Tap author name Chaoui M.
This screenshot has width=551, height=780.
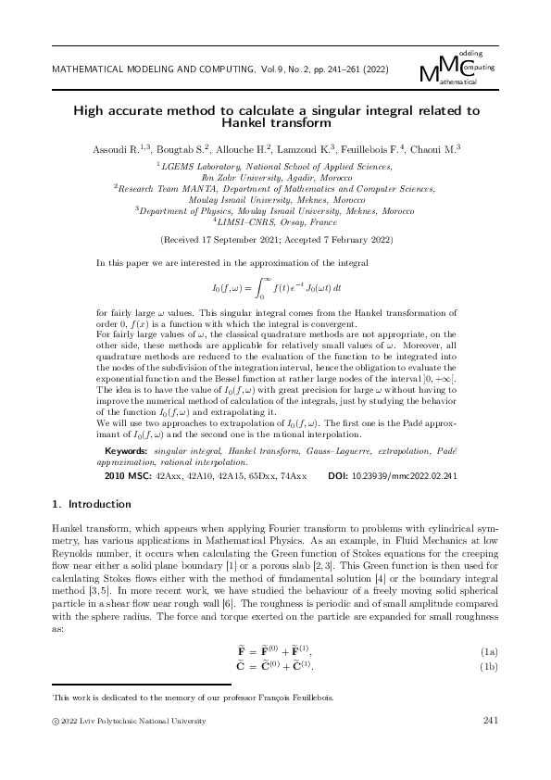439,148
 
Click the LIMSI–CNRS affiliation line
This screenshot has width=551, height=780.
275,222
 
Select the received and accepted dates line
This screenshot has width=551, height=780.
275,239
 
